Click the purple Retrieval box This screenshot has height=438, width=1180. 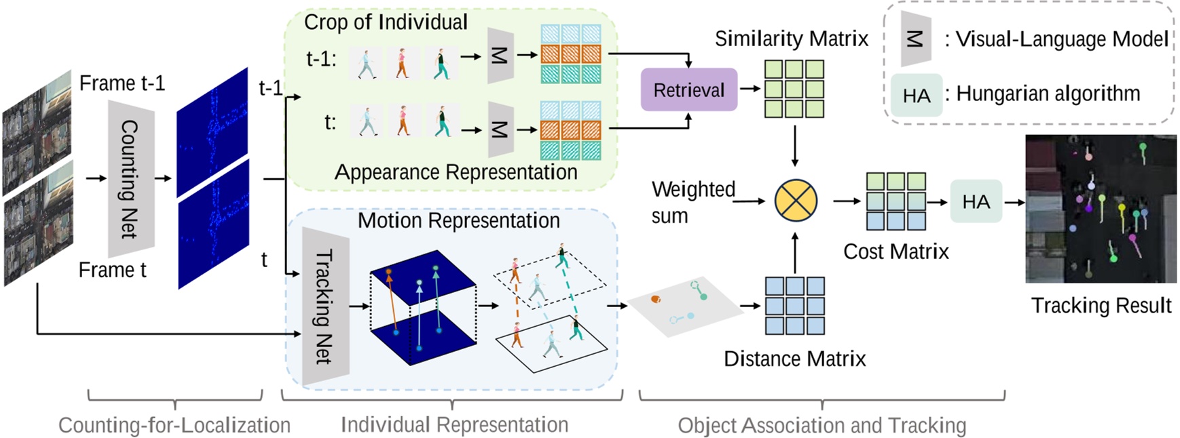pyautogui.click(x=688, y=89)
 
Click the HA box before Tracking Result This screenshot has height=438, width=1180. pyautogui.click(x=976, y=201)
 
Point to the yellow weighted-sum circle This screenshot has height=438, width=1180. pyautogui.click(x=795, y=201)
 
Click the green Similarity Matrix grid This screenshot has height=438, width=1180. pyautogui.click(x=794, y=89)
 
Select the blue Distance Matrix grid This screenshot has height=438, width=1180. pyautogui.click(x=794, y=306)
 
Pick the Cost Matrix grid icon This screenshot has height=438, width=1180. pyautogui.click(x=896, y=201)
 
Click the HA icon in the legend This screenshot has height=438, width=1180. pyautogui.click(x=916, y=96)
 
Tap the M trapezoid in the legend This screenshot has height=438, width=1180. pyautogui.click(x=915, y=39)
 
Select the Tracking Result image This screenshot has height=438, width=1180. pyautogui.click(x=1100, y=209)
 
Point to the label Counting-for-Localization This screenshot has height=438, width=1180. pyautogui.click(x=174, y=425)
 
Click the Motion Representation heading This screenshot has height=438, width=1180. pyautogui.click(x=458, y=220)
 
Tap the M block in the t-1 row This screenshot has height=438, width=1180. pyautogui.click(x=500, y=56)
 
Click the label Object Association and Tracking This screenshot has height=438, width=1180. pyautogui.click(x=822, y=425)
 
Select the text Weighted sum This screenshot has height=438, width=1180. pyautogui.click(x=693, y=202)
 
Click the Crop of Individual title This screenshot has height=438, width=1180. pyautogui.click(x=386, y=22)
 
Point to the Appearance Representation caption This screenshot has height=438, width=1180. pyautogui.click(x=456, y=172)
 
